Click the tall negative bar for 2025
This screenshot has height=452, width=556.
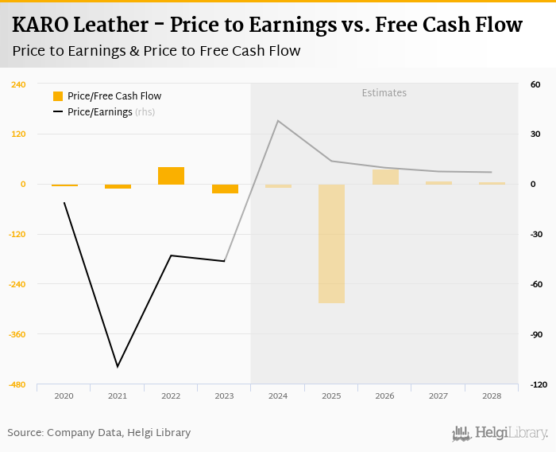tap(331, 244)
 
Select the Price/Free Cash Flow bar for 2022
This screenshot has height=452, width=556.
tap(171, 176)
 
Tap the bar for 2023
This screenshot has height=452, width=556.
tap(225, 189)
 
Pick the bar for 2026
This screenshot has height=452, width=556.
tap(385, 177)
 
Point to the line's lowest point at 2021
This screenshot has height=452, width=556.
tap(118, 367)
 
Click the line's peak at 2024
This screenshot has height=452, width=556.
tap(277, 121)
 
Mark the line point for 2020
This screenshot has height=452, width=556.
tap(64, 203)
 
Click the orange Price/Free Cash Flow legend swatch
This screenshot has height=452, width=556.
tap(58, 96)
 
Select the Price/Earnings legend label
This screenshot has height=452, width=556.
tap(99, 112)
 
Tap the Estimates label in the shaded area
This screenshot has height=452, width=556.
tap(384, 93)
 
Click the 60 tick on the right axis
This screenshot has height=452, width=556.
tap(535, 84)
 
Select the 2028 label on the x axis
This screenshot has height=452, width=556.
tap(491, 396)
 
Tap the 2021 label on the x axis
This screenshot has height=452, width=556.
tap(118, 396)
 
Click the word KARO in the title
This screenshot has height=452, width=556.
tap(40, 25)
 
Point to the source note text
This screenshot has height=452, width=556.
tap(99, 433)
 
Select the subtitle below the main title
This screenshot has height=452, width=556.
tap(156, 51)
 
